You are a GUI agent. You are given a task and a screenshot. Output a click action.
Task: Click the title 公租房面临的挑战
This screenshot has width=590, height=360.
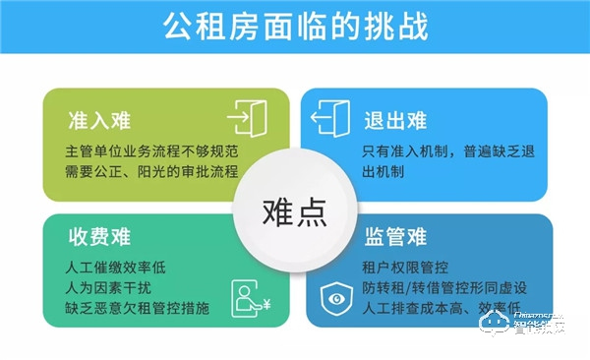[x=294, y=27]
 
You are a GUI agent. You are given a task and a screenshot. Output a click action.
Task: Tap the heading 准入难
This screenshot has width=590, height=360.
[x=99, y=122]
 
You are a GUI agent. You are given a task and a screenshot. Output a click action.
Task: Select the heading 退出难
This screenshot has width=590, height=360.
[x=396, y=122]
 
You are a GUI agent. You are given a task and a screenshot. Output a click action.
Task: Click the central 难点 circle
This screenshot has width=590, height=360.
[x=294, y=210]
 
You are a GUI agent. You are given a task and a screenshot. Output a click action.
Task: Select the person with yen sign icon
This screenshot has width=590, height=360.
[x=249, y=296]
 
